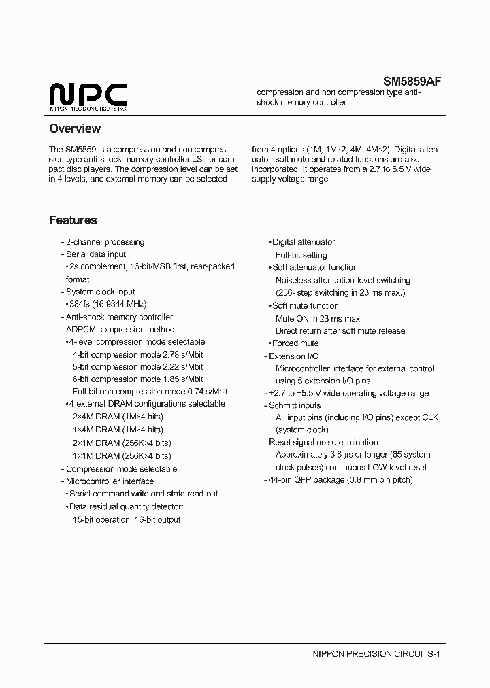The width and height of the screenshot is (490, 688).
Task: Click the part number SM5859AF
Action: (412, 81)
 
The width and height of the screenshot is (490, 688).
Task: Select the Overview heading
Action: (75, 128)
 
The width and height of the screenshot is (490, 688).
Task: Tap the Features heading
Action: (73, 220)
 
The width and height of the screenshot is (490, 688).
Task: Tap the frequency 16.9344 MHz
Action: (120, 305)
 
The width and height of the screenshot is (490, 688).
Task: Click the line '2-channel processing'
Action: (103, 242)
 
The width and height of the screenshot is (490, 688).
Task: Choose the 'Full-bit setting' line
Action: (301, 255)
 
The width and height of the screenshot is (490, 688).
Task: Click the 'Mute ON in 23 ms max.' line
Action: (318, 318)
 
